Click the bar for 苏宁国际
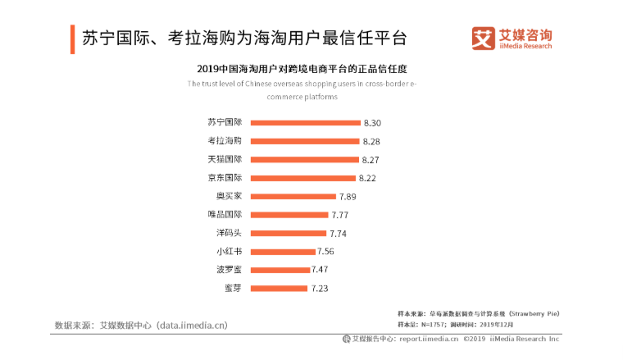[x=305, y=123]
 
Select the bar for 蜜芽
[x=279, y=289]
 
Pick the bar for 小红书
[x=283, y=252]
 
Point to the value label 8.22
[x=367, y=178]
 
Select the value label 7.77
[x=340, y=215]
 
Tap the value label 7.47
[x=322, y=270]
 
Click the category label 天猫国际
[x=225, y=159]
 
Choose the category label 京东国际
[x=225, y=177]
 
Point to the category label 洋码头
[x=229, y=233]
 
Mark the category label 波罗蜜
[x=229, y=269]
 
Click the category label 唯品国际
[x=225, y=214]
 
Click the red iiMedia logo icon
[x=483, y=38]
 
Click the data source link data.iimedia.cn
[x=192, y=325]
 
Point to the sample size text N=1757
[x=439, y=324]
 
